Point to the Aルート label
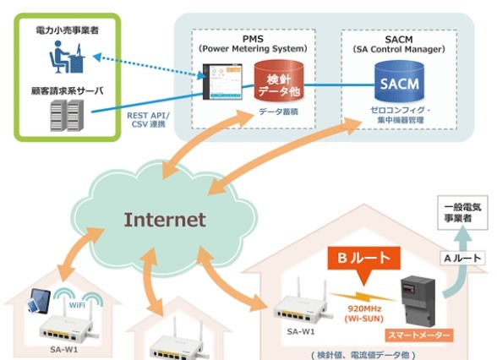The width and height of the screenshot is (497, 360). point(462,259)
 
